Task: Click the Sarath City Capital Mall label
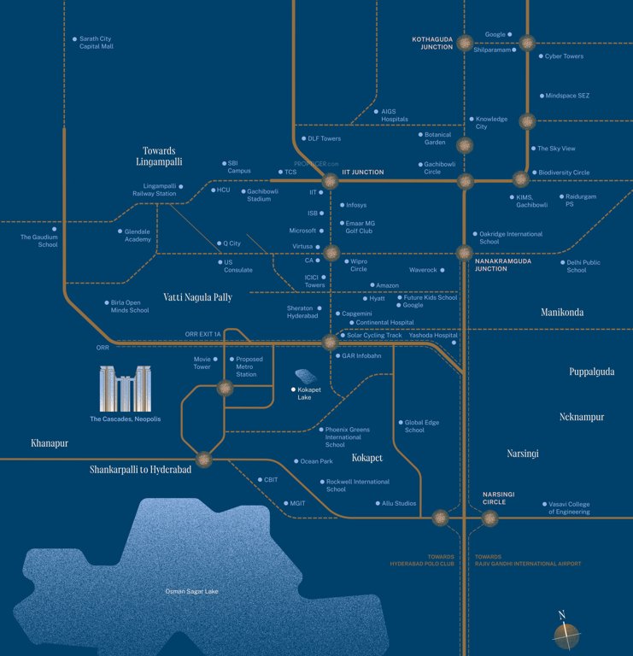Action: point(96,42)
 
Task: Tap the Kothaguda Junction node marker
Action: point(466,43)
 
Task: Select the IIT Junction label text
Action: point(362,173)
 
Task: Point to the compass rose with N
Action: point(566,633)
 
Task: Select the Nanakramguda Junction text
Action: point(503,265)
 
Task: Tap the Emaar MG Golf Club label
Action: point(359,226)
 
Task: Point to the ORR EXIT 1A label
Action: point(202,334)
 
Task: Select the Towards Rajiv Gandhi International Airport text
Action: point(528,559)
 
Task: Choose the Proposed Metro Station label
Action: point(249,366)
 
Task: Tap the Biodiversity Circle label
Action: point(564,173)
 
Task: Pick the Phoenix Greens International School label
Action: point(348,437)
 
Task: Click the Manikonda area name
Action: point(562,313)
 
